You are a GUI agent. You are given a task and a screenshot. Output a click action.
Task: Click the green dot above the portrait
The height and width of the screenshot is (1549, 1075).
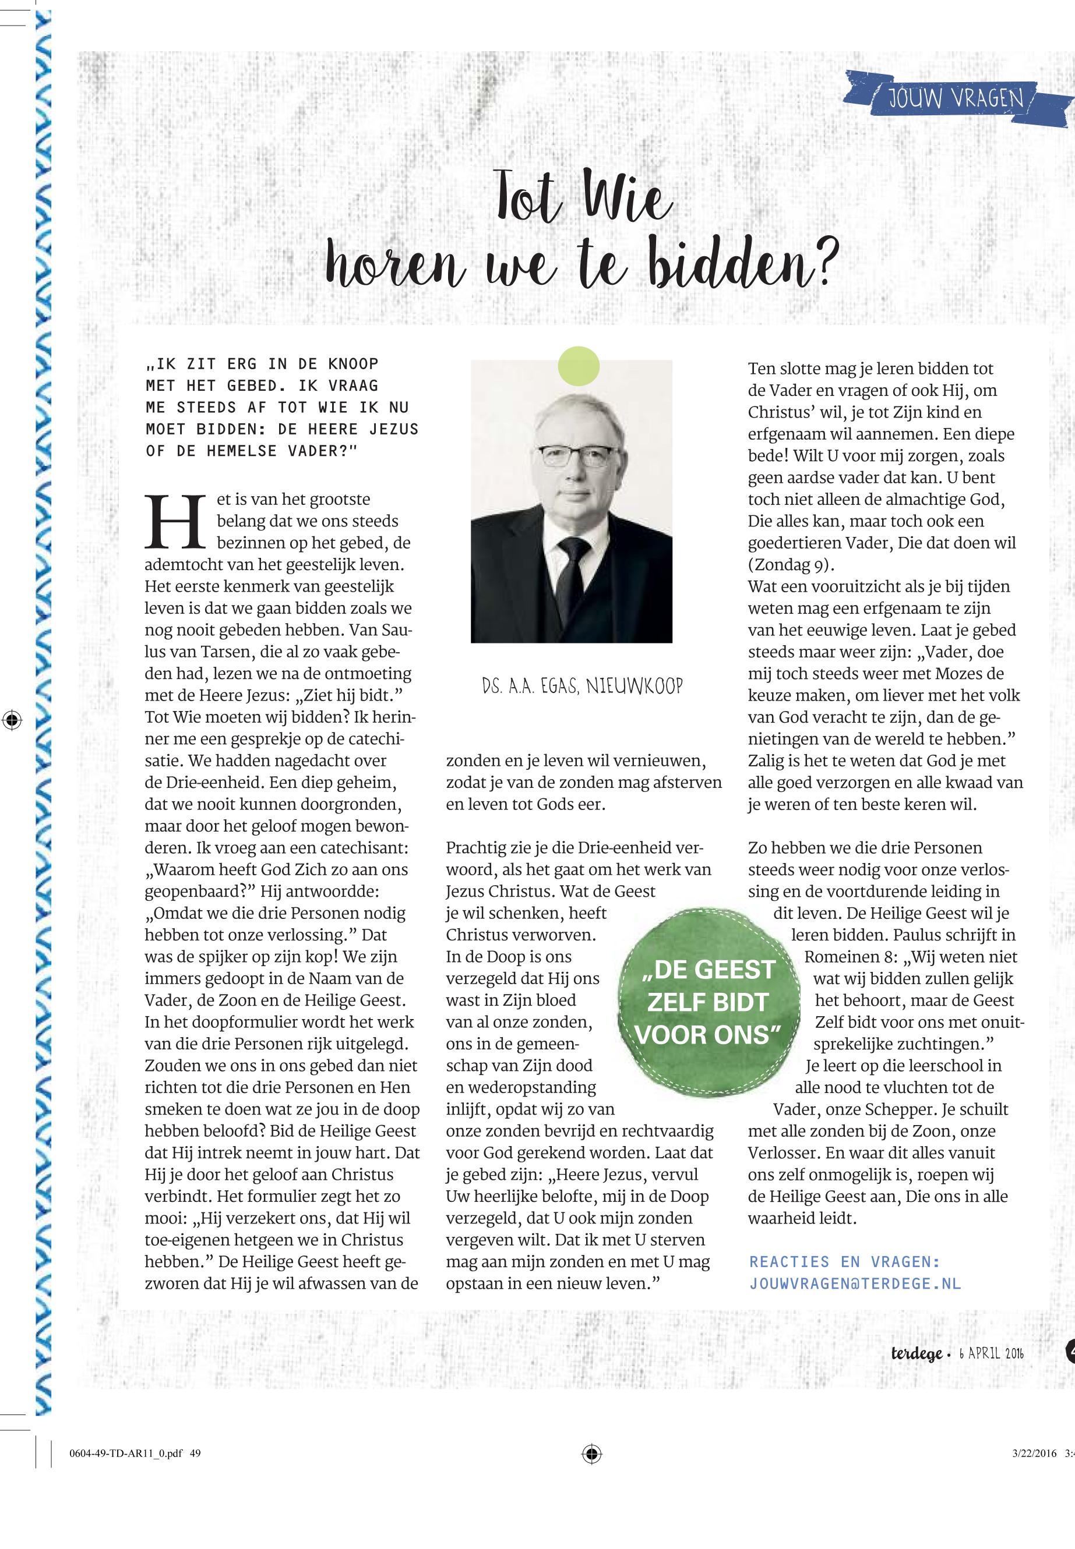[x=579, y=366]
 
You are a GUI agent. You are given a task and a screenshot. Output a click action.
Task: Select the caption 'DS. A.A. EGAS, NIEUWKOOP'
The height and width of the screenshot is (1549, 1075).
[x=583, y=687]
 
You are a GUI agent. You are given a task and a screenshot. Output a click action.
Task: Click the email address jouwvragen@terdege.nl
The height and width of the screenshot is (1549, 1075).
[x=855, y=1283]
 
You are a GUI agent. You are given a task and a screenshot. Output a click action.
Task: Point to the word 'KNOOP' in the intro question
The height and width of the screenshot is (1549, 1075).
[x=353, y=364]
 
